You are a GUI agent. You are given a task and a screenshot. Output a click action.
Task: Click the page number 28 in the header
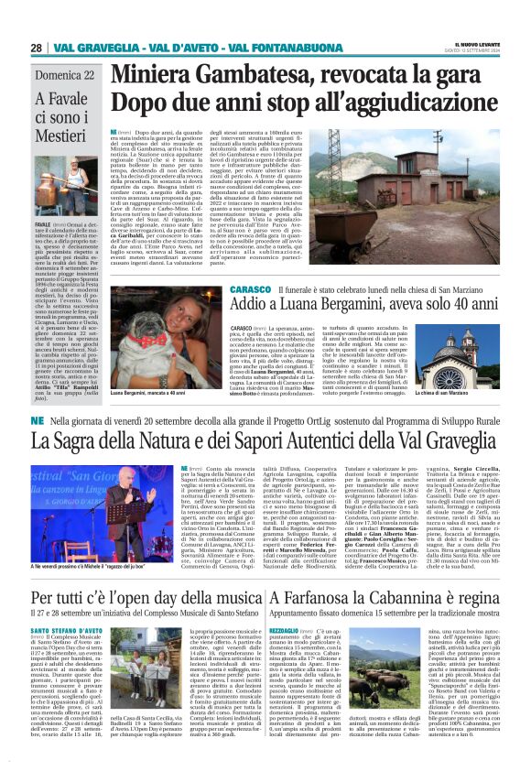coord(36,48)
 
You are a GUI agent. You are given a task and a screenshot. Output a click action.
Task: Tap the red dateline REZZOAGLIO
coord(296,633)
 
